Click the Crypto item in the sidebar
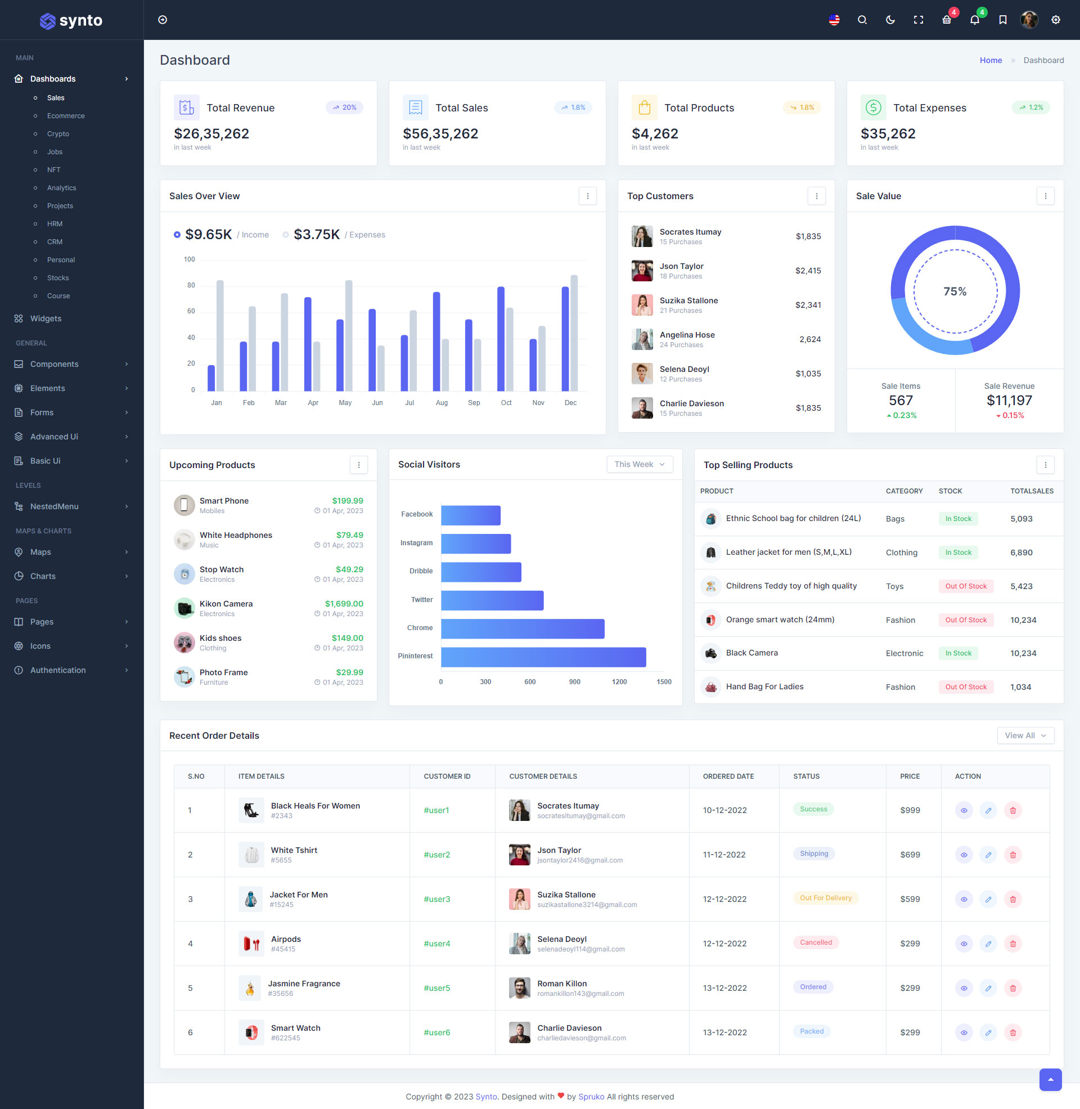pos(58,134)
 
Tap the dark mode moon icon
pos(890,20)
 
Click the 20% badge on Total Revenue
pos(345,107)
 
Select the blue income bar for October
pos(501,339)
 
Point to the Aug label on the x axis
pos(442,403)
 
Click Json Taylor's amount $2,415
pos(808,271)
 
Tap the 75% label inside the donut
pos(955,291)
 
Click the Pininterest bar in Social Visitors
pos(543,657)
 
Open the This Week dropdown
pos(639,464)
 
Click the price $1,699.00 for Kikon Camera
pos(344,604)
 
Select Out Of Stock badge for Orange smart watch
pos(965,620)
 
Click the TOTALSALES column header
pos(1031,491)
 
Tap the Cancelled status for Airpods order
pos(816,942)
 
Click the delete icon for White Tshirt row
pos(1012,855)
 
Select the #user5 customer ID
pos(436,987)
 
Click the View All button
pos(1025,735)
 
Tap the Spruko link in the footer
pos(591,1097)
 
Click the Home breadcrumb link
pos(991,60)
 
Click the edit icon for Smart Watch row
pos(988,1032)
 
